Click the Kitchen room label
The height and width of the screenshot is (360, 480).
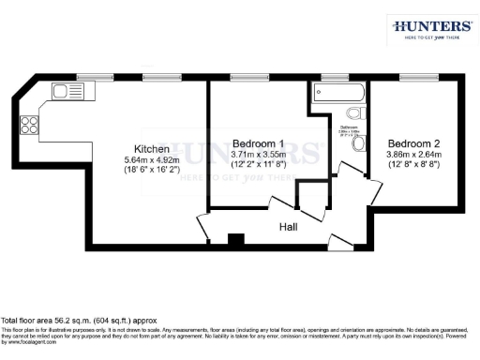click(152, 149)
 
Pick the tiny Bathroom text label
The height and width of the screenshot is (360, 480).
click(350, 127)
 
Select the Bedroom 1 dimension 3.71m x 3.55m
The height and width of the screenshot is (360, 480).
click(259, 154)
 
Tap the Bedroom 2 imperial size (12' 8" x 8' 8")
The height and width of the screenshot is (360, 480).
click(413, 166)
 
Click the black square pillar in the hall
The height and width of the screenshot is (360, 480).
click(236, 239)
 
